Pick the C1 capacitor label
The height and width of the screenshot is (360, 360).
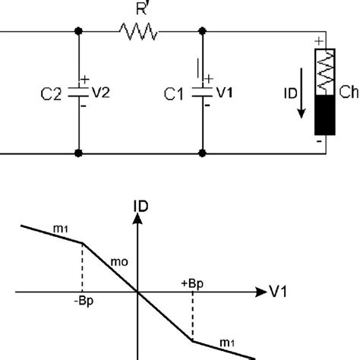[x=174, y=94]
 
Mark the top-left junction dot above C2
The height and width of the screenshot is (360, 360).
[x=78, y=32]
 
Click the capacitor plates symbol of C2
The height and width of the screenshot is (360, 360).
[x=78, y=93]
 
